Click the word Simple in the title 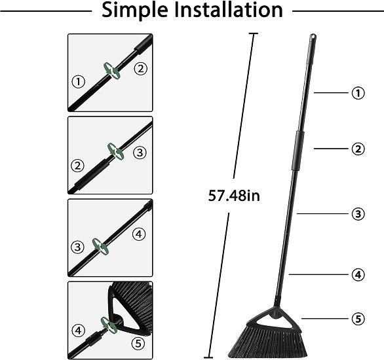point(135,10)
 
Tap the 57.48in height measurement point(234,196)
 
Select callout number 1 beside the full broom point(358,93)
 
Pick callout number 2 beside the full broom point(358,149)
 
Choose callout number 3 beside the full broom point(358,214)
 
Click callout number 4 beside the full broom point(358,275)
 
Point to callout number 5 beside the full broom point(358,319)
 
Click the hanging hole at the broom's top point(313,37)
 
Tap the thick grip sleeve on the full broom point(298,151)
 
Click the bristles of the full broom point(266,342)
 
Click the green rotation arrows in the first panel point(112,71)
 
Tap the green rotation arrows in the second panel point(115,151)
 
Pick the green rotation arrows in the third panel point(100,246)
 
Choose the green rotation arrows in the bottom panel point(109,325)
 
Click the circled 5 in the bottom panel point(138,344)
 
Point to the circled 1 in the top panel point(78,81)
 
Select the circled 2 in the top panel point(141,69)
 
